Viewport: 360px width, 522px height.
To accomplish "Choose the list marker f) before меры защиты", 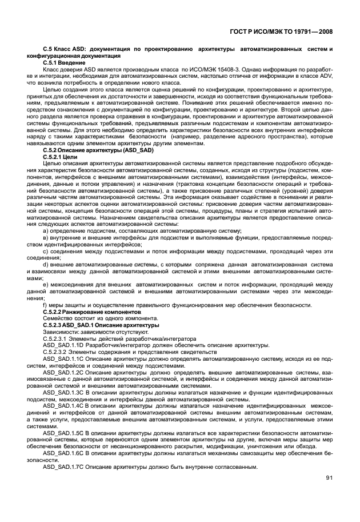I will (x=45, y=305).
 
